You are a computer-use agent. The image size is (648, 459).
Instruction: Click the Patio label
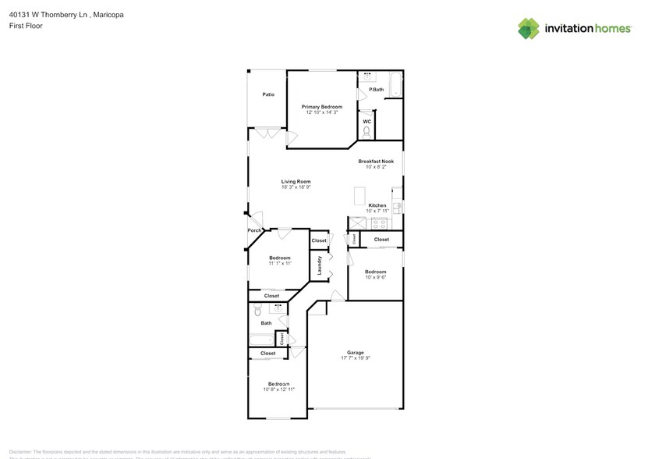click(x=267, y=94)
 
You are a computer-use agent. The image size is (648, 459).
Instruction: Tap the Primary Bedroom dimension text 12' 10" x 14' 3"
click(x=321, y=112)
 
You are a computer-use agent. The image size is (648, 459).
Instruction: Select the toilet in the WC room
click(x=366, y=133)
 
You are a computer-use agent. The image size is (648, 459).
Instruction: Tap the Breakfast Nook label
click(x=376, y=161)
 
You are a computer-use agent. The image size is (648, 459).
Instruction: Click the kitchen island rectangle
click(x=359, y=194)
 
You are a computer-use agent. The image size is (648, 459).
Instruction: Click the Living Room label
click(x=296, y=181)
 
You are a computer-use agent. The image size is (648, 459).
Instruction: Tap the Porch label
click(x=254, y=230)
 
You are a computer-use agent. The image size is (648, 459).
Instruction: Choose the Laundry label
click(x=320, y=267)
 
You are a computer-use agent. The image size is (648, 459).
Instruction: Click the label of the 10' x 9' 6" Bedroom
click(x=375, y=272)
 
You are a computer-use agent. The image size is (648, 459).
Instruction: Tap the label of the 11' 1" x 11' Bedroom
click(x=280, y=258)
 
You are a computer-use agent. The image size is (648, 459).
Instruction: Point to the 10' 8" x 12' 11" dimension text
click(x=278, y=390)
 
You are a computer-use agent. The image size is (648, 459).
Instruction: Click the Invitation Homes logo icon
click(x=529, y=29)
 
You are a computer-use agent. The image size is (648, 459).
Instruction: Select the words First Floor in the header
click(x=26, y=26)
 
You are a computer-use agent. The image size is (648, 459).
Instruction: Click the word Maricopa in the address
click(x=107, y=14)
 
